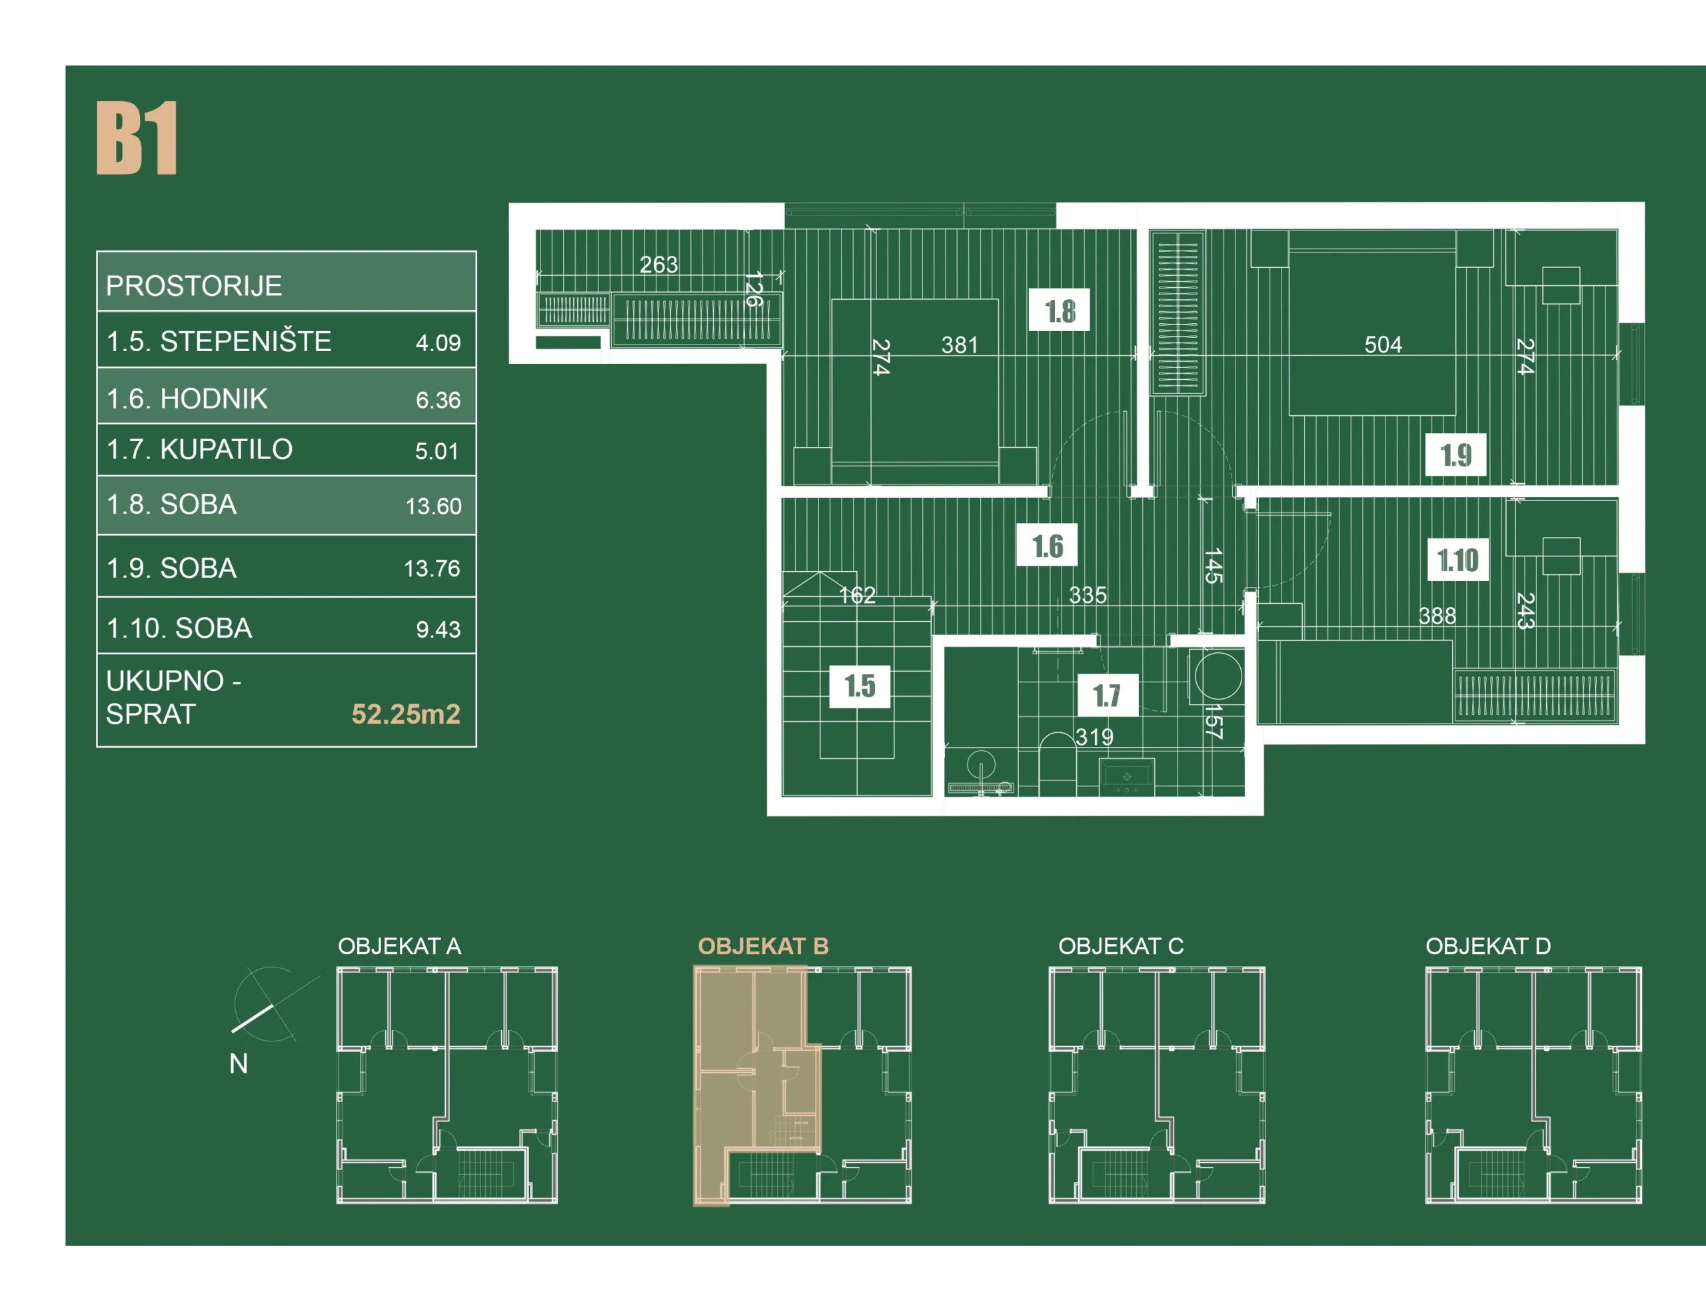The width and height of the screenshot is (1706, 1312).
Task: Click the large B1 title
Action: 137,138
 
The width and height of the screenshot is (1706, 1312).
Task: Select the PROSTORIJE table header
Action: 194,286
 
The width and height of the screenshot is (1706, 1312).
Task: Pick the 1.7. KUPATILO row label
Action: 199,449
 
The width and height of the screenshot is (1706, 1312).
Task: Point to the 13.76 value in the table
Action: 432,568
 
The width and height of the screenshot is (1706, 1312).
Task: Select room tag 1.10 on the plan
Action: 1457,559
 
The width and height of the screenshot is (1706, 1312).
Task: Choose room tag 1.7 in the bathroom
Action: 1108,694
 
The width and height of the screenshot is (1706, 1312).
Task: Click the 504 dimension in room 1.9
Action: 1383,344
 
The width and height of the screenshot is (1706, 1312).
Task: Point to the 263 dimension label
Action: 658,265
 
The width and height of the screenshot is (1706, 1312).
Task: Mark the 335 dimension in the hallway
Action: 1088,595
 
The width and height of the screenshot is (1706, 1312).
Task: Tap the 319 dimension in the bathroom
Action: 1094,736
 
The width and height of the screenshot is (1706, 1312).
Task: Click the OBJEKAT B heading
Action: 763,946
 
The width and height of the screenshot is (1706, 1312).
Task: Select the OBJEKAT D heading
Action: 1488,946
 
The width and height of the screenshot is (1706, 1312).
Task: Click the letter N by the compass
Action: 239,1063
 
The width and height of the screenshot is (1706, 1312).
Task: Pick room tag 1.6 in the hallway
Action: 1047,545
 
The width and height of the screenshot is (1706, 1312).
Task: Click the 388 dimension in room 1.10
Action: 1437,616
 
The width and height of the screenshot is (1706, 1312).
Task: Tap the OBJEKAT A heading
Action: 399,946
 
